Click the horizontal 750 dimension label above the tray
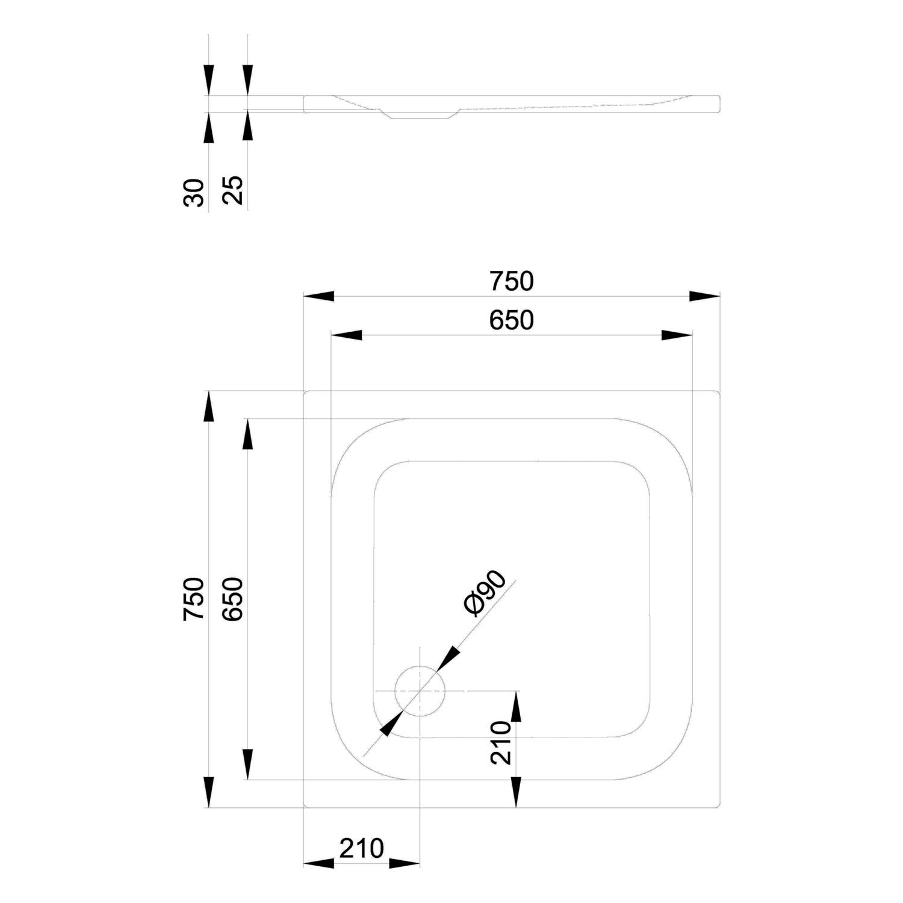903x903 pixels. (x=511, y=281)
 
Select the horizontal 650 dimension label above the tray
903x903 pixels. (x=511, y=320)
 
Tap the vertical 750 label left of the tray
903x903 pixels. (x=194, y=599)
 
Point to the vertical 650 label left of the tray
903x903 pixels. (x=232, y=599)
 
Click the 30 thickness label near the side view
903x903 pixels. (x=194, y=192)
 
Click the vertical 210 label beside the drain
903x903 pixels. (x=501, y=742)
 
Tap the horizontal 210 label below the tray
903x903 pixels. (x=361, y=848)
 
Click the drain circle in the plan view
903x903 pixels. (x=420, y=691)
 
